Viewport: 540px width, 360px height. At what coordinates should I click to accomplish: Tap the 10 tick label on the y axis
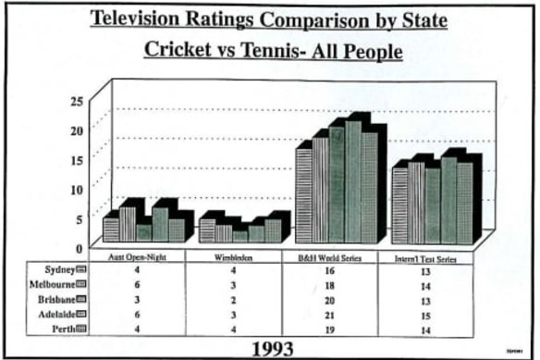pos(79,188)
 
